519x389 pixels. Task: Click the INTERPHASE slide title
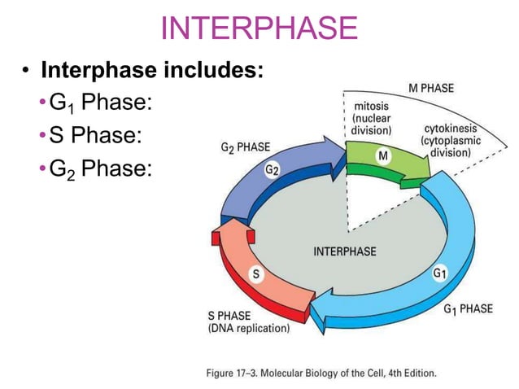pos(259,28)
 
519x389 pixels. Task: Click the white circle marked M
pos(384,154)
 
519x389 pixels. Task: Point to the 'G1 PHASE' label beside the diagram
pos(468,308)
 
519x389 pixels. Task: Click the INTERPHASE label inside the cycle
pos(345,251)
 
